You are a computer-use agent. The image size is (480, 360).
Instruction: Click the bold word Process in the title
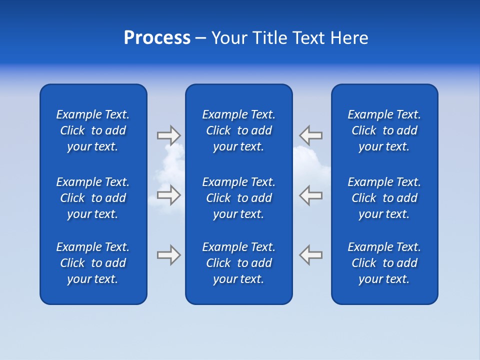(x=157, y=38)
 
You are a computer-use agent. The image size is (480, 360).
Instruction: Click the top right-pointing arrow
(x=168, y=135)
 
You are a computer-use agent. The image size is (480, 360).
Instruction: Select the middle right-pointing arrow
(x=168, y=195)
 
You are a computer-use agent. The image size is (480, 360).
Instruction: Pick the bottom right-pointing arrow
(x=168, y=254)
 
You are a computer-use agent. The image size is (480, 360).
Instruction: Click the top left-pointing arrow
(x=311, y=135)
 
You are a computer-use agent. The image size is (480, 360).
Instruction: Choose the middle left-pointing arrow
(x=311, y=195)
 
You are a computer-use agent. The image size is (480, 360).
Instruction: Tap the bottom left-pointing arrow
(x=311, y=254)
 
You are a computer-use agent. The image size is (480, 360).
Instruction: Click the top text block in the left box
(x=93, y=130)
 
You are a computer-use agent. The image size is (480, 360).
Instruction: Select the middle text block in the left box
(x=93, y=198)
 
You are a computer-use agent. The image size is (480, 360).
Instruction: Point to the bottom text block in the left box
(x=93, y=263)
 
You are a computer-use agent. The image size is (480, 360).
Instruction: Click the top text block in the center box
(x=239, y=130)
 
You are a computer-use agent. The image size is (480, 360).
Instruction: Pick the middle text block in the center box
(x=239, y=198)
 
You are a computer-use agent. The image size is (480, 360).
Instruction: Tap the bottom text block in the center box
(x=239, y=263)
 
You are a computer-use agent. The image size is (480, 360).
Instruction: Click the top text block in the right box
(x=384, y=130)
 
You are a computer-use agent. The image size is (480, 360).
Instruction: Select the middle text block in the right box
(x=384, y=198)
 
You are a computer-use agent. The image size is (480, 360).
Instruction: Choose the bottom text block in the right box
(x=384, y=263)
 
